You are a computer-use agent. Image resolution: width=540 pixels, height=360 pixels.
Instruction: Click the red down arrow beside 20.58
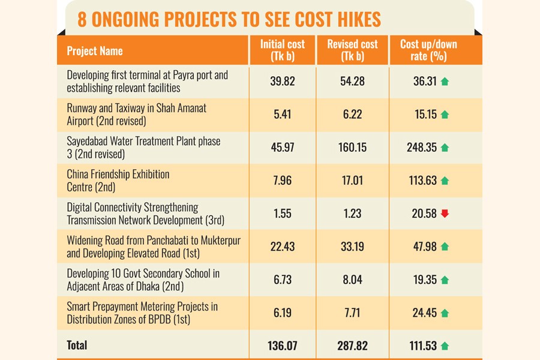[445, 214]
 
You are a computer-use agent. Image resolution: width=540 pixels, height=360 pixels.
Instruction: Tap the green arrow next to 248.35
[445, 148]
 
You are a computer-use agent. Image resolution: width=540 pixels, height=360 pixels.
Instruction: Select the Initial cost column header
[282, 50]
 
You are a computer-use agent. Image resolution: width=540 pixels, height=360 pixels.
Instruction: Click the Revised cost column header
[352, 50]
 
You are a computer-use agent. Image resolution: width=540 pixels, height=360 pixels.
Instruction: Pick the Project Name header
[95, 51]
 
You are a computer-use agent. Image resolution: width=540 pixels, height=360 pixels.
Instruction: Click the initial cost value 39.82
[282, 82]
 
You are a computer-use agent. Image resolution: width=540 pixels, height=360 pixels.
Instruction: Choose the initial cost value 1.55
[282, 214]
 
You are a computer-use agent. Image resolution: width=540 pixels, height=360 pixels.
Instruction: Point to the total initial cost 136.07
[282, 345]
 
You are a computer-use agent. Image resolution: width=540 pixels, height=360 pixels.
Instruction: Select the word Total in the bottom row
[77, 345]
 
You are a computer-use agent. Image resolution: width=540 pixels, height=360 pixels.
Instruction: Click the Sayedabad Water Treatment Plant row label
[143, 148]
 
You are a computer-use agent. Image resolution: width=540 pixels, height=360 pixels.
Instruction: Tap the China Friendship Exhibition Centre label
[118, 181]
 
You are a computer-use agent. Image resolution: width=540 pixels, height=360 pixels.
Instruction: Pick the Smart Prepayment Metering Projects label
[142, 312]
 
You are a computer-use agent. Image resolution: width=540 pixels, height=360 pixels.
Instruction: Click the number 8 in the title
[83, 20]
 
